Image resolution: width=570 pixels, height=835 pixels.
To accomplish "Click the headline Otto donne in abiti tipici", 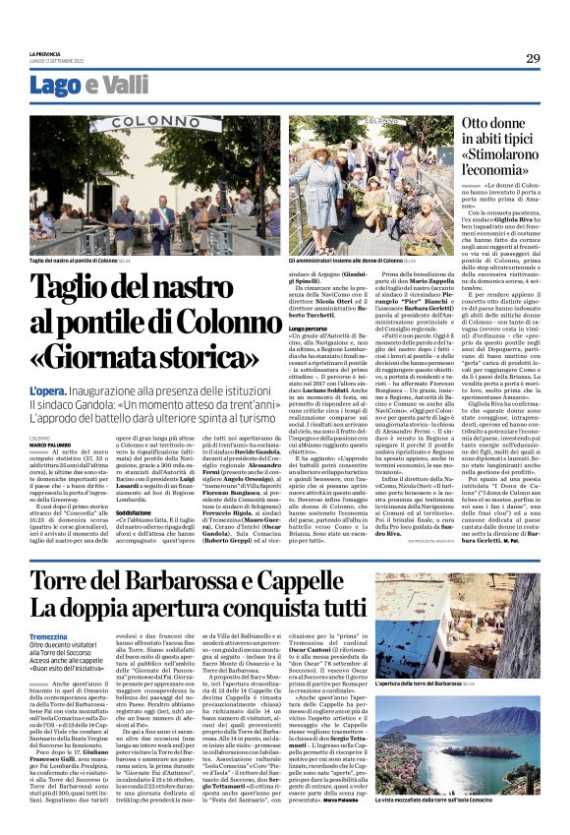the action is click(x=501, y=137).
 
